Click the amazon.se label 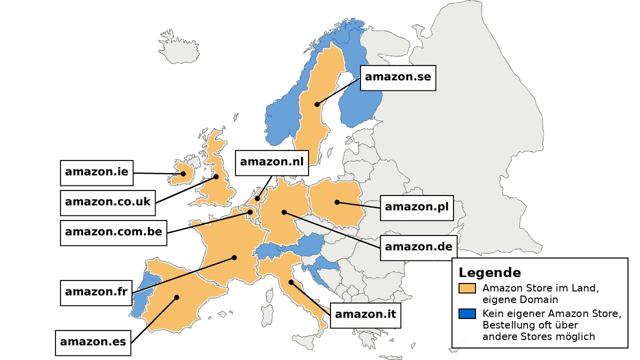pos(398,77)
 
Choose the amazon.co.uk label pos(107,202)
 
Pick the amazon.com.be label pos(113,232)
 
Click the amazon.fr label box pos(96,292)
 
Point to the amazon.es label pos(93,342)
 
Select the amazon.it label pos(365,315)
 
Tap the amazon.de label pos(418,247)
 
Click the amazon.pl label pos(416,207)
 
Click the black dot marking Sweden pos(317,104)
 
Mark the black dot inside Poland pos(337,202)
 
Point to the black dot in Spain pos(176,297)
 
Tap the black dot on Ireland pos(183,174)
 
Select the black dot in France pos(234,258)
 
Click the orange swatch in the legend pos(467,288)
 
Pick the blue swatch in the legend pos(467,314)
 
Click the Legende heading pos(489,273)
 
